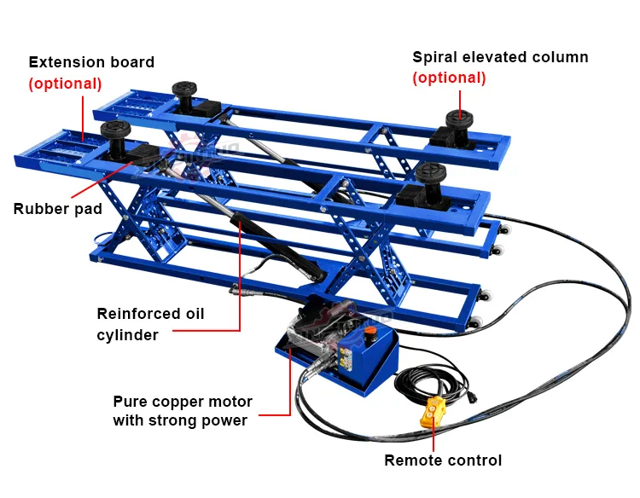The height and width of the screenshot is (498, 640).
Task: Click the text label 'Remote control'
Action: (x=443, y=460)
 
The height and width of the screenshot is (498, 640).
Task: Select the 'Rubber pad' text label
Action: (x=58, y=209)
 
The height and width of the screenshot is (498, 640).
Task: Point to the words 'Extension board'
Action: (x=91, y=62)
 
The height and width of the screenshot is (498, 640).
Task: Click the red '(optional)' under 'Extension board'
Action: (x=65, y=84)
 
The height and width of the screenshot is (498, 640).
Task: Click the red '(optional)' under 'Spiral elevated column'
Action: (x=449, y=78)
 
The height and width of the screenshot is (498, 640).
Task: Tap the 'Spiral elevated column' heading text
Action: (x=500, y=57)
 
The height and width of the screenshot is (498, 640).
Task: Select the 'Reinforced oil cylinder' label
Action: (x=150, y=324)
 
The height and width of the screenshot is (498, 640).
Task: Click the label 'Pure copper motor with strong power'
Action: (x=182, y=410)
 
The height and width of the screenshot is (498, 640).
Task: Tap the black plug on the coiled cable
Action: (x=473, y=395)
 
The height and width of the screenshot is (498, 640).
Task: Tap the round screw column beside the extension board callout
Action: (x=113, y=134)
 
